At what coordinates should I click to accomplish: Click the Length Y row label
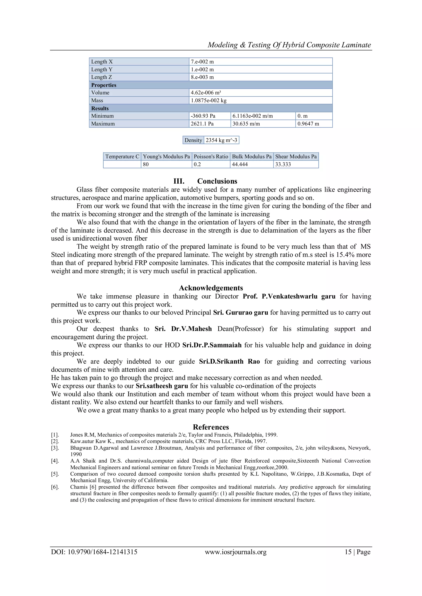click(102, 69)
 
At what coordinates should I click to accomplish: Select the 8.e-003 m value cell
click(202, 77)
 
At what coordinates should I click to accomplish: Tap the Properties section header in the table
click(104, 85)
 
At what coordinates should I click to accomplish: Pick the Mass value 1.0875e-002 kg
click(209, 100)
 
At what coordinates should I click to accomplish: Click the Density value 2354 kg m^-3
click(221, 140)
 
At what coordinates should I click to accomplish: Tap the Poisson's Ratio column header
click(211, 156)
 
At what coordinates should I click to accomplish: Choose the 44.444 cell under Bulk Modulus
click(240, 164)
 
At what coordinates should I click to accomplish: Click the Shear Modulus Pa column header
click(296, 156)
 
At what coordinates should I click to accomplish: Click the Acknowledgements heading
click(211, 288)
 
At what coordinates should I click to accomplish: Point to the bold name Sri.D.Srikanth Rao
click(229, 361)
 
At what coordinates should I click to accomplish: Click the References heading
click(211, 427)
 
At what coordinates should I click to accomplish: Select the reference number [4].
click(55, 461)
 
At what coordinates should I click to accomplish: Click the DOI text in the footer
click(94, 552)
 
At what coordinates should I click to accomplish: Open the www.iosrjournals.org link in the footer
click(236, 552)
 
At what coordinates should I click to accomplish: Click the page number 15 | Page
click(357, 552)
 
